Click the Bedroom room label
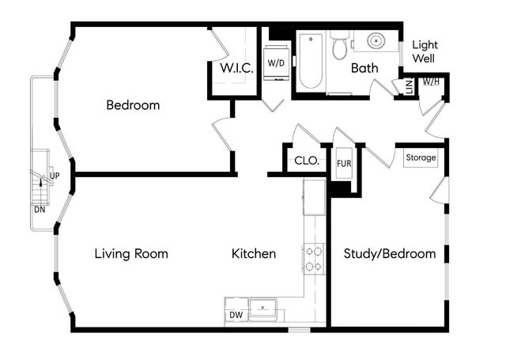pos(133,105)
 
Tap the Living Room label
pos(131,254)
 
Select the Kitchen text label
pos(254,254)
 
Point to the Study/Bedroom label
pos(390,254)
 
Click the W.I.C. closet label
pos(236,69)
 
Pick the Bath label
pos(364,69)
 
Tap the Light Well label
pos(424,51)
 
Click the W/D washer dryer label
pos(276,63)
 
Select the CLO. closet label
pos(307,161)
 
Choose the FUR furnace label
pos(344,164)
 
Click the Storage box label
pos(421,157)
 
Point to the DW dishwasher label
pos(236,316)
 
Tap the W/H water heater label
pos(431,81)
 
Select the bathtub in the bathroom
pos(309,62)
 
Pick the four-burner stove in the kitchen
pos(314,259)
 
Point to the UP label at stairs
pos(55,176)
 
